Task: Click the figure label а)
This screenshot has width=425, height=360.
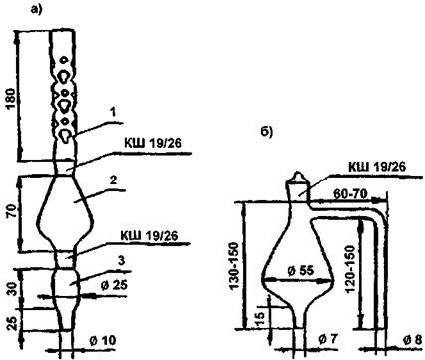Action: [x=37, y=10]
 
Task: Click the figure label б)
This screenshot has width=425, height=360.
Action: [x=266, y=131]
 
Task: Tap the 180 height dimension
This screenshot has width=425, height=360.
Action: [x=11, y=100]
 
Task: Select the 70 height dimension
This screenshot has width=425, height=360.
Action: [x=12, y=211]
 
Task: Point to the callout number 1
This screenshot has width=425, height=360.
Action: [x=113, y=113]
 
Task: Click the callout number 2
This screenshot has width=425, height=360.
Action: [x=113, y=180]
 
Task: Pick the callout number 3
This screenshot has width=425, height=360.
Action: [x=122, y=261]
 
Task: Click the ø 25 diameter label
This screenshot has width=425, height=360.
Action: [x=114, y=285]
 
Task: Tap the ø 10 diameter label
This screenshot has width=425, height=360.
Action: [x=103, y=340]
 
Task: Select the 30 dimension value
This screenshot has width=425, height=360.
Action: [x=12, y=288]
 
